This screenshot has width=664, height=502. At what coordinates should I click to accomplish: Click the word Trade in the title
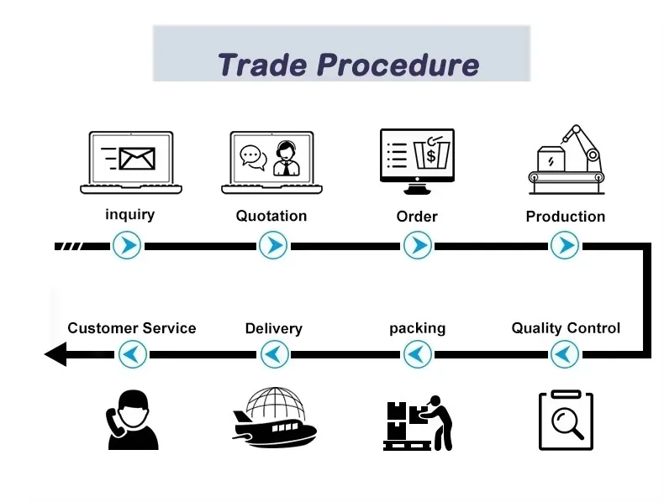pyautogui.click(x=261, y=65)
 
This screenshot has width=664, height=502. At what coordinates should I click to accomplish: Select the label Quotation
pyautogui.click(x=271, y=216)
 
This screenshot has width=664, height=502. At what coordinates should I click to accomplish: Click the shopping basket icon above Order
pyautogui.click(x=430, y=154)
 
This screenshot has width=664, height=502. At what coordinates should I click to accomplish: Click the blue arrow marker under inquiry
pyautogui.click(x=128, y=246)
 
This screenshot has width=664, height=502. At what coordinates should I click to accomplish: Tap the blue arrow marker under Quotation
pyautogui.click(x=272, y=246)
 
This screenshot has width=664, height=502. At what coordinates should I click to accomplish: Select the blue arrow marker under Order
pyautogui.click(x=417, y=246)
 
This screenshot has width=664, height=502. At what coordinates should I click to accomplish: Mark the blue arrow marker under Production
pyautogui.click(x=565, y=246)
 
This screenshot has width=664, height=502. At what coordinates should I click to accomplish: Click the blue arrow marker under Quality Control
pyautogui.click(x=565, y=354)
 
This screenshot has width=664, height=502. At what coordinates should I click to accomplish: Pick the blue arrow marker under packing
pyautogui.click(x=417, y=354)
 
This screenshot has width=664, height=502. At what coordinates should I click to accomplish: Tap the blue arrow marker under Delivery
pyautogui.click(x=273, y=354)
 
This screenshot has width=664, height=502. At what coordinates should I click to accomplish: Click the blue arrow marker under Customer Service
pyautogui.click(x=131, y=354)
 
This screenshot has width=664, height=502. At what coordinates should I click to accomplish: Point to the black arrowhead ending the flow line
pyautogui.click(x=55, y=354)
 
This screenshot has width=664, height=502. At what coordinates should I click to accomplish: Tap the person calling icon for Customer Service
pyautogui.click(x=132, y=420)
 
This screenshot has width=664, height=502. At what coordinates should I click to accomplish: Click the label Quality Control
pyautogui.click(x=566, y=328)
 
